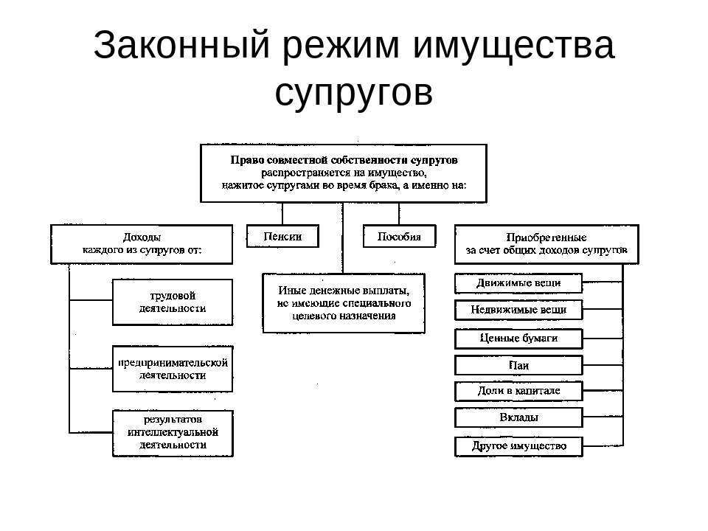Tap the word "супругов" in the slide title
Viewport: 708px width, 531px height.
point(353,92)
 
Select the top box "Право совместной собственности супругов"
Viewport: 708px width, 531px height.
point(344,173)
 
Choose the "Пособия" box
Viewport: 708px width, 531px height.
point(399,237)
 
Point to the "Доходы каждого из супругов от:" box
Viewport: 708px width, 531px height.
point(142,244)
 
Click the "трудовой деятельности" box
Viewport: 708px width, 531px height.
point(173,302)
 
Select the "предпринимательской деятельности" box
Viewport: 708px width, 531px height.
point(173,369)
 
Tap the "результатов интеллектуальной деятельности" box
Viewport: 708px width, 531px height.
point(173,433)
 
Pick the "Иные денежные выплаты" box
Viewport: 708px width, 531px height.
point(344,303)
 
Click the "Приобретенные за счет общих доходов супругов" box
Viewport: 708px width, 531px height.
point(546,244)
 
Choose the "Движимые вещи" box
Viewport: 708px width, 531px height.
point(518,283)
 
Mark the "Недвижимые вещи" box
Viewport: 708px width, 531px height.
point(518,310)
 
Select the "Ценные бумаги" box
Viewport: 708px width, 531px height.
point(518,339)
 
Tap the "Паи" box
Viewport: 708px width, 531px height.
point(518,365)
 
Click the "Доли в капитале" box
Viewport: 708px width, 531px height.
point(518,391)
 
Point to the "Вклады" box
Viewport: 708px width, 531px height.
point(518,417)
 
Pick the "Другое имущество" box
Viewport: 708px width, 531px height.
point(518,446)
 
